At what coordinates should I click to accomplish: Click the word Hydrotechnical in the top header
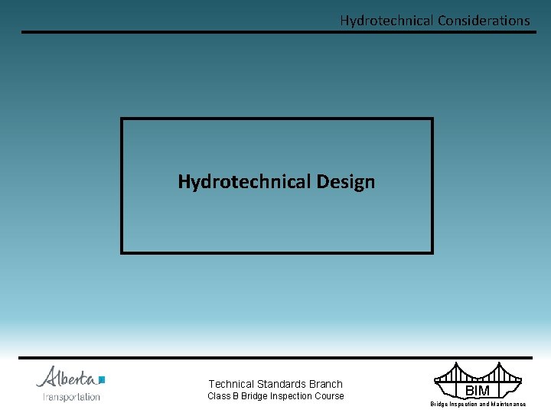point(386,21)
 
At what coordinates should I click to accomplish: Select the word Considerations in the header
point(483,21)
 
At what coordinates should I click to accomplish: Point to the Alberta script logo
point(67,377)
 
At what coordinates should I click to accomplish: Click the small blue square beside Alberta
point(102,379)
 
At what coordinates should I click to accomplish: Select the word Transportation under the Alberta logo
point(71,397)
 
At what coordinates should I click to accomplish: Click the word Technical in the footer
point(231,384)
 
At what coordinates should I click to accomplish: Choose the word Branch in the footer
point(326,384)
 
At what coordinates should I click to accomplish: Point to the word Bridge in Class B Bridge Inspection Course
point(255,396)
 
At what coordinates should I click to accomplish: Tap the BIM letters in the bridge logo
point(478,391)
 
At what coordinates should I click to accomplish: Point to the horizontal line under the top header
point(275,32)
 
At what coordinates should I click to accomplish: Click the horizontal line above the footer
point(275,357)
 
